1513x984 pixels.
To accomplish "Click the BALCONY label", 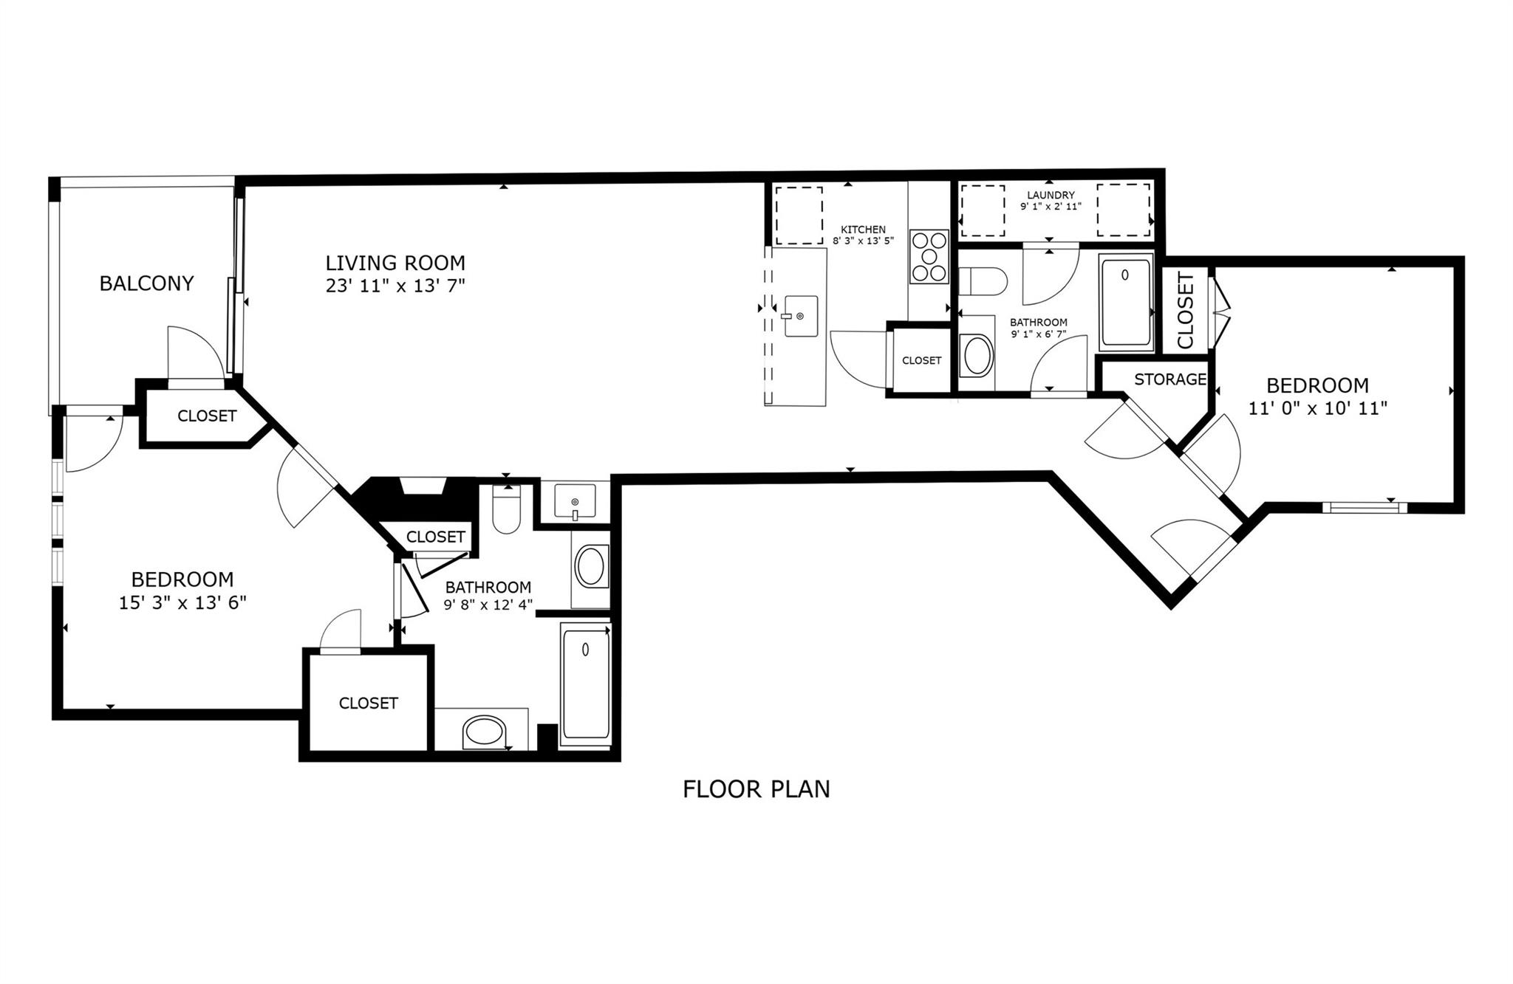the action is coord(146,283).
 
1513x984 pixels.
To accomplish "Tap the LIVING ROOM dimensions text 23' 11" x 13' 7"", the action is coord(395,286).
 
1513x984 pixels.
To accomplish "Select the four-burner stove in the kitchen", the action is coord(929,257).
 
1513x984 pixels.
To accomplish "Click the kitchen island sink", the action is coord(801,316).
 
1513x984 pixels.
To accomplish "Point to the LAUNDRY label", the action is coord(1051,195).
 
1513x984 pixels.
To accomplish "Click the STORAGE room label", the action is coord(1170,379).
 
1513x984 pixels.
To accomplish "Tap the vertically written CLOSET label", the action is coord(1185,310).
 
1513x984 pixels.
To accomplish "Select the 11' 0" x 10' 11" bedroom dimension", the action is coord(1318,408).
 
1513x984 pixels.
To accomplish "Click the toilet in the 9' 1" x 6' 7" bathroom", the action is coord(983,281).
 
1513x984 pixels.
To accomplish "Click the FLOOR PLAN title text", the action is coord(756,789).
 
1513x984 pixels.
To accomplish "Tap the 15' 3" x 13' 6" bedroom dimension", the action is coord(182,603).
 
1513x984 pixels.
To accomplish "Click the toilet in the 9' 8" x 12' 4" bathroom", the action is coord(507,509).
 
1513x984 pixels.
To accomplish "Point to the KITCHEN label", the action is coord(863,230).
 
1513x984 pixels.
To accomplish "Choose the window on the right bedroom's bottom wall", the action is coord(1365,507).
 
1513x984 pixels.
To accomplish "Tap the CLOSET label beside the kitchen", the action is coord(922,360).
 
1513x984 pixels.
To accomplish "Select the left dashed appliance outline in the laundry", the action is coord(983,210).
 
